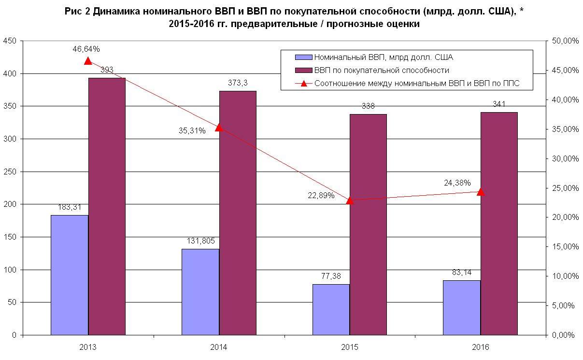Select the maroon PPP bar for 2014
tap(238, 213)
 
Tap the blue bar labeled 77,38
tap(331, 309)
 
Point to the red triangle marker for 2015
tap(350, 200)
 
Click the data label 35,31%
tap(193, 130)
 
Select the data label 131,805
tap(200, 241)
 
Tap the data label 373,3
tap(238, 83)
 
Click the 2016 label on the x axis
tap(481, 347)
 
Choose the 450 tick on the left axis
tap(10, 41)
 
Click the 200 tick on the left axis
tap(10, 204)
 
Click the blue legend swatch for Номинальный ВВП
tap(304, 58)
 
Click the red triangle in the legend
tap(304, 84)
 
